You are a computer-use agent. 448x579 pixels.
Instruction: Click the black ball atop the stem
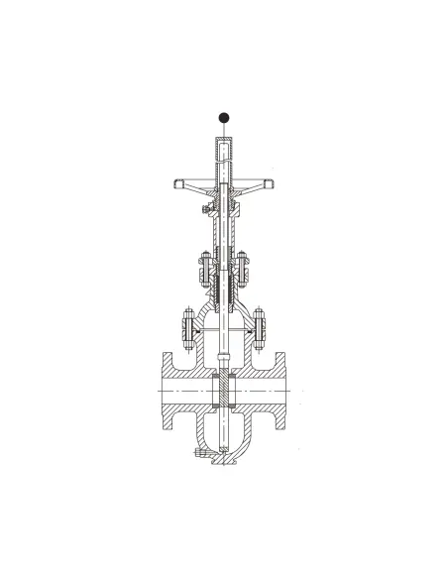click(224, 116)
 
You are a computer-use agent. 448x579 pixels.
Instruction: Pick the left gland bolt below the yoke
click(198, 268)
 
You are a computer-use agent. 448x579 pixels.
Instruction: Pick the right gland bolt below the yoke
click(248, 268)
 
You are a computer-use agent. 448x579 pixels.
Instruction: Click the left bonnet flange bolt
click(185, 326)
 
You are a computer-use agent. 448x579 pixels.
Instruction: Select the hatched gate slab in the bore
click(224, 393)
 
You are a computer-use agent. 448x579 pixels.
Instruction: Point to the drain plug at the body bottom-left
click(202, 453)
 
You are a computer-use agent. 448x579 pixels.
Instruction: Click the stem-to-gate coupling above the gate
click(224, 352)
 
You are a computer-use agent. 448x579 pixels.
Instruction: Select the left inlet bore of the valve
click(183, 393)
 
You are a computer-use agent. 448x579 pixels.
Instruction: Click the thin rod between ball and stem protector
click(224, 130)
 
